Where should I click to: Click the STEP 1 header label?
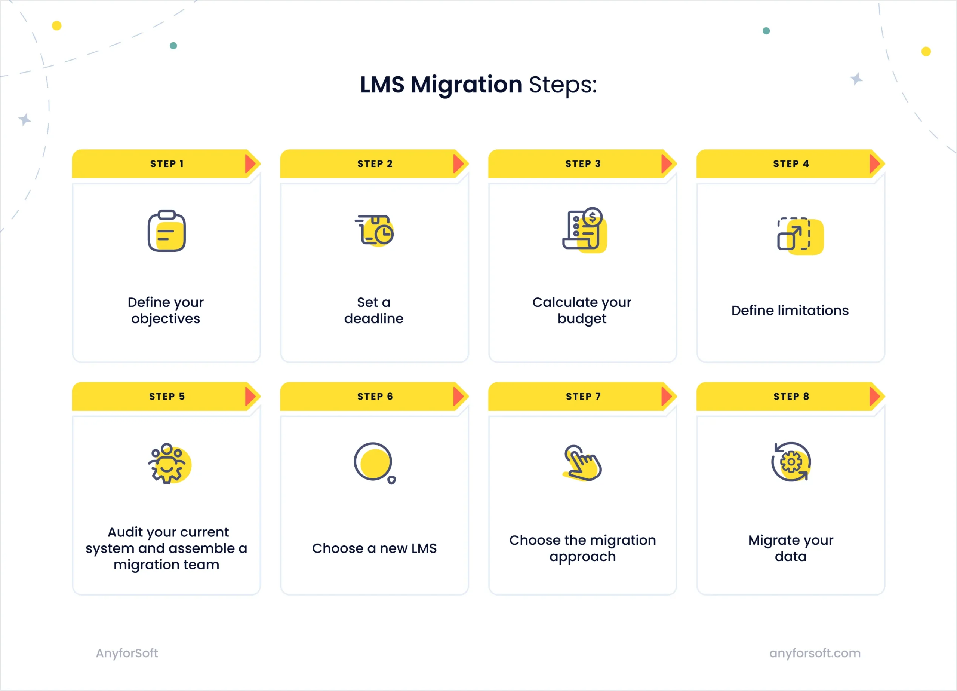click(x=167, y=164)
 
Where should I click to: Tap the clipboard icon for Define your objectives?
click(x=167, y=231)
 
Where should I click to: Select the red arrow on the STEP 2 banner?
click(x=459, y=164)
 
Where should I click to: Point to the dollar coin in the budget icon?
click(x=593, y=217)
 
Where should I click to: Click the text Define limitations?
click(x=790, y=311)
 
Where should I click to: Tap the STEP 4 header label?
click(x=791, y=164)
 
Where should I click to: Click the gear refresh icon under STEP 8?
click(x=791, y=462)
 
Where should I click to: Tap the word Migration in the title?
click(x=466, y=85)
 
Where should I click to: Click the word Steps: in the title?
click(x=563, y=85)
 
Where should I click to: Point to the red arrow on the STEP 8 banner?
click(x=875, y=397)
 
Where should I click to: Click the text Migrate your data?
click(x=790, y=548)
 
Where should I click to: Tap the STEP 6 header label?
click(x=375, y=397)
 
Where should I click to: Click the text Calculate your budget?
click(x=582, y=310)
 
